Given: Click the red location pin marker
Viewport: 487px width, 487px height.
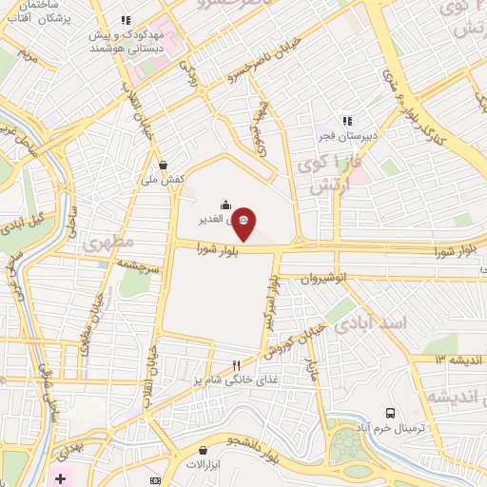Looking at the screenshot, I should [x=243, y=221].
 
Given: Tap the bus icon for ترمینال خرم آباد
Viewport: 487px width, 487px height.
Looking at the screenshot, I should [x=391, y=413].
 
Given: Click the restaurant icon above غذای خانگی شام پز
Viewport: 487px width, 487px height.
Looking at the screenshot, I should [x=237, y=365].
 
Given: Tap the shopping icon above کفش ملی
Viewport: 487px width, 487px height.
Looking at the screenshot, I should [x=164, y=164].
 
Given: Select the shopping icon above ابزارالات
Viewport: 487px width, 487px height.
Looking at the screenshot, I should [x=202, y=450].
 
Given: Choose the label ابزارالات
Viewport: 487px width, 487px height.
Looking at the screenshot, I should [x=202, y=466].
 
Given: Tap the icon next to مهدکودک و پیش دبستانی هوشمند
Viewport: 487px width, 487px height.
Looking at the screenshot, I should [x=125, y=19].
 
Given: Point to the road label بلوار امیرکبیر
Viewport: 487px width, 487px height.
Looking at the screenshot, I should [x=273, y=300].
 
